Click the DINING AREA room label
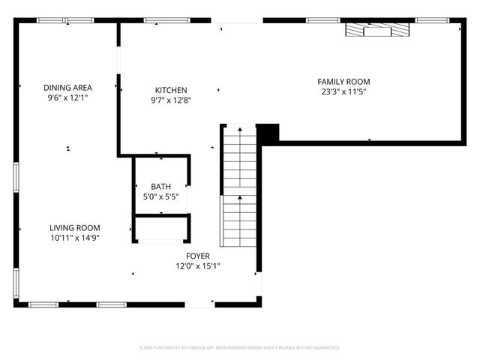(67, 88)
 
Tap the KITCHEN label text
(171, 90)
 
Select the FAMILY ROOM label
(343, 82)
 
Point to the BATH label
(160, 187)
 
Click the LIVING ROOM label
(75, 228)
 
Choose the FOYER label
(198, 256)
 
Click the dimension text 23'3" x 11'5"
(343, 92)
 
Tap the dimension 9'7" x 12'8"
(171, 100)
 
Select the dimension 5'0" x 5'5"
(160, 197)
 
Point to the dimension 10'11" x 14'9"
(75, 238)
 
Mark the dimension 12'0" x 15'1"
(198, 265)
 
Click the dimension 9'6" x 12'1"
(67, 97)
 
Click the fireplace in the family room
(378, 30)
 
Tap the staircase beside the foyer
(238, 187)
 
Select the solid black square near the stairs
(268, 132)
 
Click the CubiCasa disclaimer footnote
(240, 348)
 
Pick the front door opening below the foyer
(199, 304)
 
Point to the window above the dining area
(57, 20)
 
